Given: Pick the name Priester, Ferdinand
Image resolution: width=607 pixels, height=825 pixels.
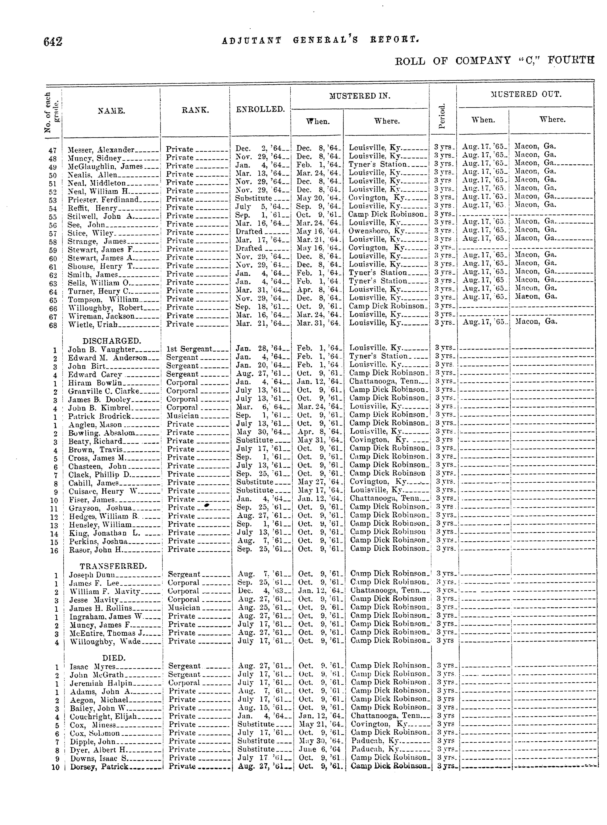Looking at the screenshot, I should click(103, 199).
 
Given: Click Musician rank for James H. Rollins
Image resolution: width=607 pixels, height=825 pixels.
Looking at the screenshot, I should click(184, 608).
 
